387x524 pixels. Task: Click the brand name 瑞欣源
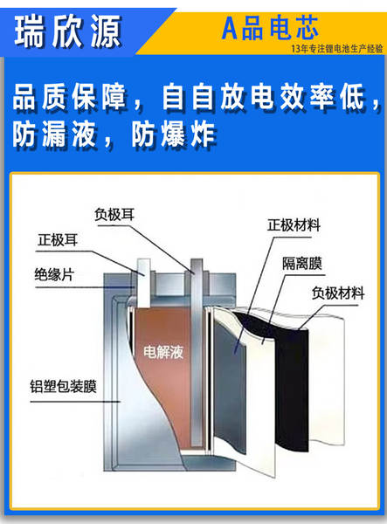click(67, 31)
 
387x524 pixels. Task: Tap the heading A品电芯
click(270, 28)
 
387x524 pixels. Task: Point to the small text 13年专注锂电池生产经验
click(337, 49)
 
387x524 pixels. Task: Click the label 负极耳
click(114, 215)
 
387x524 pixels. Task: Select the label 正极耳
click(58, 240)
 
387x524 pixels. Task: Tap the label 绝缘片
click(54, 275)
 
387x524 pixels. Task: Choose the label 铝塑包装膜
click(64, 386)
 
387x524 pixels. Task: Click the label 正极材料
click(294, 225)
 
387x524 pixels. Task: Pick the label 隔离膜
click(302, 264)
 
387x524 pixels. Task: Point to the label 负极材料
click(338, 293)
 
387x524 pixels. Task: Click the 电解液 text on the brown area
click(163, 352)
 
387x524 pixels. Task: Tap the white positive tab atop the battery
click(144, 283)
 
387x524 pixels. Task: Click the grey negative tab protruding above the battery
click(197, 351)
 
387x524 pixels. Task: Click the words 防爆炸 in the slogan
click(173, 135)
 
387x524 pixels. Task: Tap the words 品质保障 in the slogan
click(69, 97)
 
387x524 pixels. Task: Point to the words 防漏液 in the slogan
click(54, 135)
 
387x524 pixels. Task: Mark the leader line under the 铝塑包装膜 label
click(75, 402)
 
